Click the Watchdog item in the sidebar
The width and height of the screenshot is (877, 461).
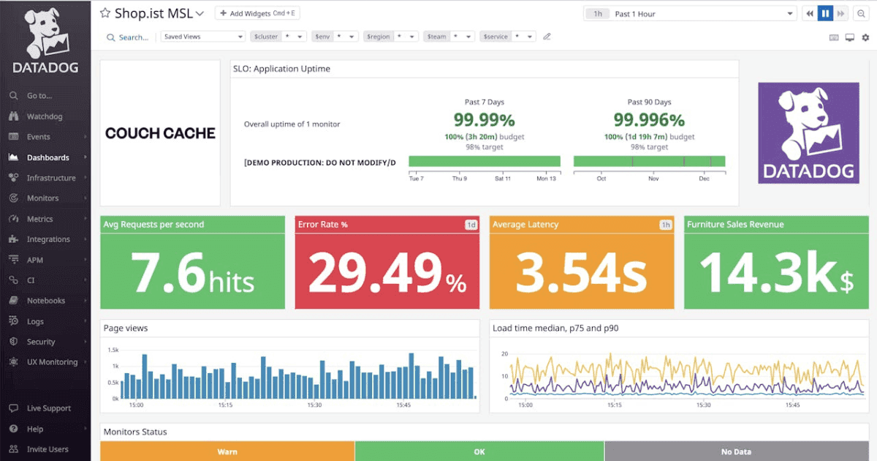click(x=44, y=116)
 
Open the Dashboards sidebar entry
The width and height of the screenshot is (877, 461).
click(x=48, y=157)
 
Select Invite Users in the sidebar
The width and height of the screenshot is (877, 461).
click(x=48, y=449)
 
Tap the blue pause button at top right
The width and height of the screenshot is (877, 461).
click(x=825, y=14)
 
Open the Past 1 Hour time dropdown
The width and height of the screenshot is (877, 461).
click(x=691, y=14)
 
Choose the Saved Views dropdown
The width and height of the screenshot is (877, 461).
click(x=203, y=37)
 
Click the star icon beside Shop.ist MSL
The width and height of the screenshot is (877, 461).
click(x=105, y=13)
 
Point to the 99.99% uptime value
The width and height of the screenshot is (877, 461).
click(x=484, y=120)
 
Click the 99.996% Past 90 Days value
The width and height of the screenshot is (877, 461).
click(x=648, y=120)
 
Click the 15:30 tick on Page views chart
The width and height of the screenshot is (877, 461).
click(x=314, y=405)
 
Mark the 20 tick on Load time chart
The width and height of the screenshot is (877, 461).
click(x=504, y=353)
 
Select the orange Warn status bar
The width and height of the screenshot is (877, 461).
click(x=227, y=451)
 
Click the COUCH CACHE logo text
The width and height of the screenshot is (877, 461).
click(x=160, y=133)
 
